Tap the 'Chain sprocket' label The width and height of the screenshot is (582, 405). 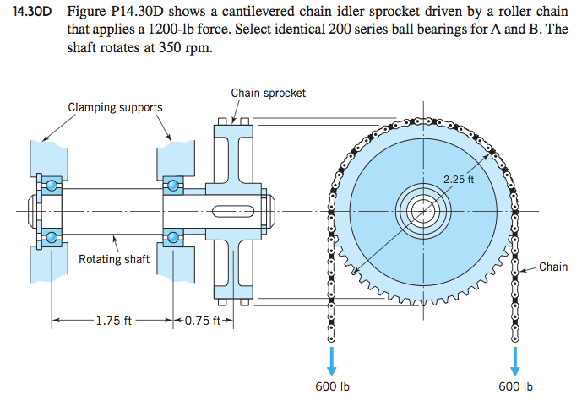pyautogui.click(x=269, y=93)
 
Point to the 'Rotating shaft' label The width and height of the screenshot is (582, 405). pyautogui.click(x=114, y=259)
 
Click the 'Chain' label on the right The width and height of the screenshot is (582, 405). pyautogui.click(x=553, y=267)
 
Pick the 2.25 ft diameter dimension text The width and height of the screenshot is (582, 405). pyautogui.click(x=459, y=178)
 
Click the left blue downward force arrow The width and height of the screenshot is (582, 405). pyautogui.click(x=331, y=358)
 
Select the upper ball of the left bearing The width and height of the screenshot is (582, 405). pyautogui.click(x=52, y=184)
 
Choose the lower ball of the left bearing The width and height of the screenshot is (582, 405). pyautogui.click(x=52, y=237)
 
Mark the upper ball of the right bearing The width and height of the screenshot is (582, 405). pyautogui.click(x=174, y=184)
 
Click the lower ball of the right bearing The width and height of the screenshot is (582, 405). pyautogui.click(x=174, y=237)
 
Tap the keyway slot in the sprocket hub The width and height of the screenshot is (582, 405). pyautogui.click(x=234, y=210)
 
